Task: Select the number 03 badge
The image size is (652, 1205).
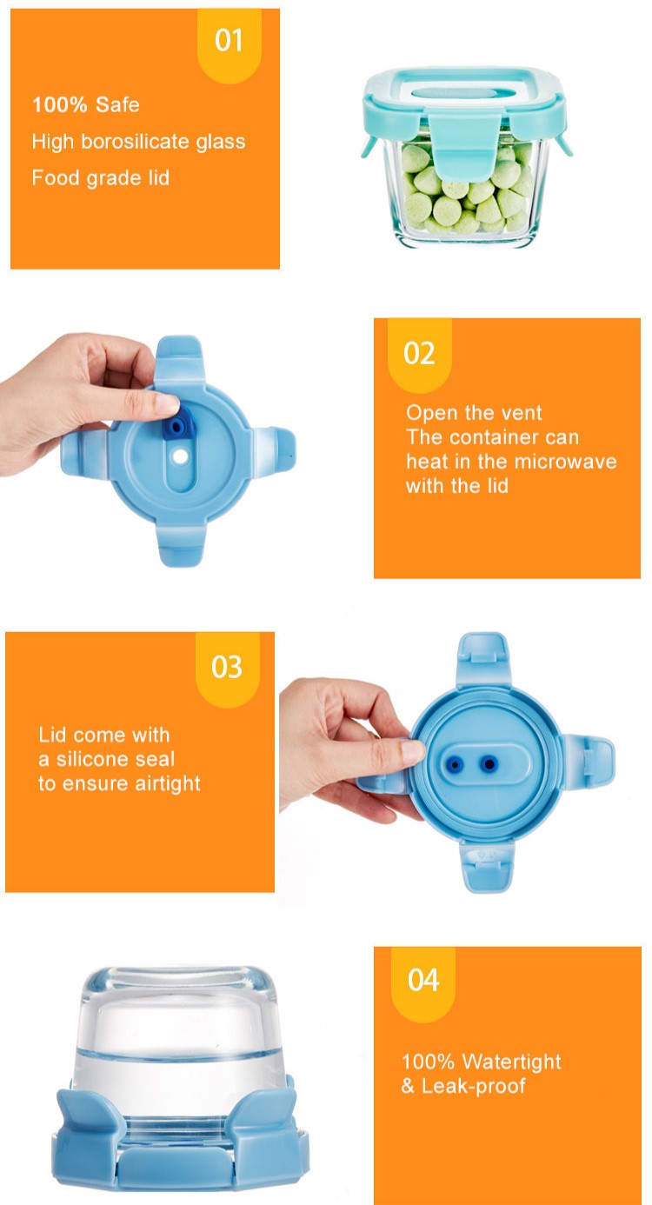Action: point(227,669)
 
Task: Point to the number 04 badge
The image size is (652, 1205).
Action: point(422,984)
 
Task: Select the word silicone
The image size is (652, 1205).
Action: point(116,759)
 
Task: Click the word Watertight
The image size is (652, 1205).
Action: point(511,1062)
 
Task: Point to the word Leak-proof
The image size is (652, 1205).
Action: point(474,1086)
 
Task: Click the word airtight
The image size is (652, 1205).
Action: point(167,784)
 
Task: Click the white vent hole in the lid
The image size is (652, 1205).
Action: point(181,456)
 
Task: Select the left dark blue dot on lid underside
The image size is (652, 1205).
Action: point(456,764)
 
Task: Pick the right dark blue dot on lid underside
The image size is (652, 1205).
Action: point(489,764)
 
